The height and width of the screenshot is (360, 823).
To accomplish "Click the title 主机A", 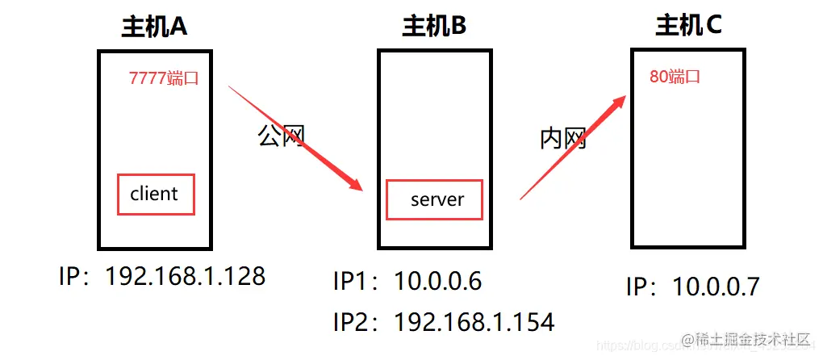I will pos(154,27).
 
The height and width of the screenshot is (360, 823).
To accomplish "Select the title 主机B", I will pos(434,27).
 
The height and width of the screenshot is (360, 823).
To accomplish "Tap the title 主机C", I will pos(688,26).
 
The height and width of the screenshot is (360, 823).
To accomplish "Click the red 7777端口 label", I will pos(164,78).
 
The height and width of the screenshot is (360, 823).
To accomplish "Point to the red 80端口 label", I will pos(675,77).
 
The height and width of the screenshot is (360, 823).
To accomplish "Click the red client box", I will pos(156,194).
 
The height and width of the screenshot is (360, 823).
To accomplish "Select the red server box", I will pos(434,199).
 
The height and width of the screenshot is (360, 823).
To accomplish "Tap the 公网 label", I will pos(281,135).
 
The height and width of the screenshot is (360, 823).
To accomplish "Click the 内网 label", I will pos(562,139).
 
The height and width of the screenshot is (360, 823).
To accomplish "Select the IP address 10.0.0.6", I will pos(437,282).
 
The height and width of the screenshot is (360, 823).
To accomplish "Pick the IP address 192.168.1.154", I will pos(474,323).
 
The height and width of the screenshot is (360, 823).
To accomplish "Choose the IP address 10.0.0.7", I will pos(716,287).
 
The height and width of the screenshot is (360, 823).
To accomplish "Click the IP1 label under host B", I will pos(354,282).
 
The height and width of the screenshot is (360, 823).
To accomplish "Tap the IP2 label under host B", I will pos(354,323).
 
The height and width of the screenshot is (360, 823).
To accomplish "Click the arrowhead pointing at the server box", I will pos(355,184).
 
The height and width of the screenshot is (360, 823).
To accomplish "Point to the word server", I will pos(437,199).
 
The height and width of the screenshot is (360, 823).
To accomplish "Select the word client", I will pos(154,194).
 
